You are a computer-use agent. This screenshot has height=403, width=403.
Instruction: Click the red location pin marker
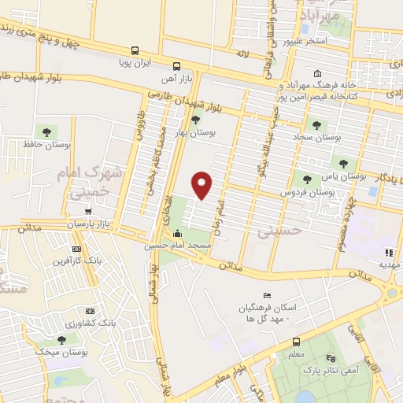coord(202,184)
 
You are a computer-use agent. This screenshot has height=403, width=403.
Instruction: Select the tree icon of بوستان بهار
coord(195,120)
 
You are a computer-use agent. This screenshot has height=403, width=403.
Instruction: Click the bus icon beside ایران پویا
coord(135,49)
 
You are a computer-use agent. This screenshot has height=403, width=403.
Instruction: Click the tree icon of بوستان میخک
coord(62,339)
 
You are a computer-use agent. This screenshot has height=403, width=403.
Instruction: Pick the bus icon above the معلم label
coord(296,342)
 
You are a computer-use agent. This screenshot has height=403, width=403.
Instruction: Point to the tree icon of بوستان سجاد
coord(316,124)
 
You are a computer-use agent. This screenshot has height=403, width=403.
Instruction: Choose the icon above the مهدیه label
coord(387,253)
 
